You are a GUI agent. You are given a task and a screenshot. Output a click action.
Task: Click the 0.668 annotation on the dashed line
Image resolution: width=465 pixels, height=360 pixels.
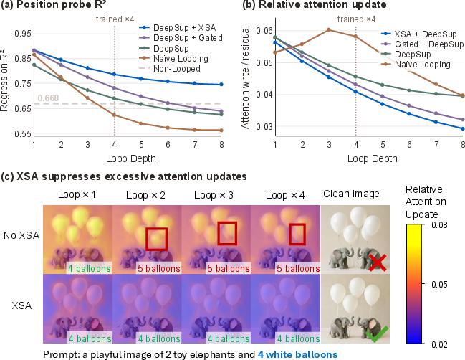pyautogui.click(x=48, y=98)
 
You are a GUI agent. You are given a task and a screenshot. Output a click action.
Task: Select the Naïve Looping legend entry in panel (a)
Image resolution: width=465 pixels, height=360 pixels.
pyautogui.click(x=174, y=59)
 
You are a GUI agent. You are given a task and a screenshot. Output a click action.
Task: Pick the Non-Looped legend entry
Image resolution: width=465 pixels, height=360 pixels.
pyautogui.click(x=170, y=69)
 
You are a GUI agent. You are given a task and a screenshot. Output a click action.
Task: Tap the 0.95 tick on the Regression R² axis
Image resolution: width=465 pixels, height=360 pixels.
pyautogui.click(x=23, y=34)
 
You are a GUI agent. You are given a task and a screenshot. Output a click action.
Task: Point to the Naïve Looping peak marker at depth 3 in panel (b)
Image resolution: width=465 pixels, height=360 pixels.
pyautogui.click(x=329, y=29)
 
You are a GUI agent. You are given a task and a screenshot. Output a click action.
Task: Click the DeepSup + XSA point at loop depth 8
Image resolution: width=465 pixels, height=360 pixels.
pyautogui.click(x=221, y=85)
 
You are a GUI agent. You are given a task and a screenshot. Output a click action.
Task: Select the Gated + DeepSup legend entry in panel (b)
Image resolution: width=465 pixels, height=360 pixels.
pyautogui.click(x=422, y=44)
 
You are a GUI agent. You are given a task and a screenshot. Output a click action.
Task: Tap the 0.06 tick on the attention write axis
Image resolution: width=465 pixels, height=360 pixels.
pyautogui.click(x=264, y=31)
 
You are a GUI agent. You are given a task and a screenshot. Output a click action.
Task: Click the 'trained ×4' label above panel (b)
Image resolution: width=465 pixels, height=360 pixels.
pyautogui.click(x=357, y=19)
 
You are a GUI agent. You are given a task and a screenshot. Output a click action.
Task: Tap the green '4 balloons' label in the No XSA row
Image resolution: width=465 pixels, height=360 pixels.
pyautogui.click(x=90, y=268)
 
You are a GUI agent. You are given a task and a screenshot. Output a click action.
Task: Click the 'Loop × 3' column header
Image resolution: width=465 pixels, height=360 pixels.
pyautogui.click(x=214, y=195)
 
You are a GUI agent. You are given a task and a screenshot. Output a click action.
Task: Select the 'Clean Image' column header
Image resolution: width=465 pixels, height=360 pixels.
pyautogui.click(x=351, y=194)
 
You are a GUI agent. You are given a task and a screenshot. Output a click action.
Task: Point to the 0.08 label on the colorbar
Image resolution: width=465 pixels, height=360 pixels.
pyautogui.click(x=439, y=225)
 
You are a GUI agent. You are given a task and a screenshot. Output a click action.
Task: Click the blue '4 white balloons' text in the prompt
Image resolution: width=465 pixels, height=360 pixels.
pyautogui.click(x=297, y=354)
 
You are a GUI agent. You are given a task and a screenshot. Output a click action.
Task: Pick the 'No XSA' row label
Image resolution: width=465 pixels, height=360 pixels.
pyautogui.click(x=21, y=235)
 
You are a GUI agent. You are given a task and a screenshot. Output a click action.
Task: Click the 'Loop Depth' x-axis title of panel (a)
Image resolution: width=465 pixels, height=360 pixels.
pyautogui.click(x=131, y=158)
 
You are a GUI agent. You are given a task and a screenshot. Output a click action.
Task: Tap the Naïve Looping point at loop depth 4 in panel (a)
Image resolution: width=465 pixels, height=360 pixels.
pyautogui.click(x=115, y=115)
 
